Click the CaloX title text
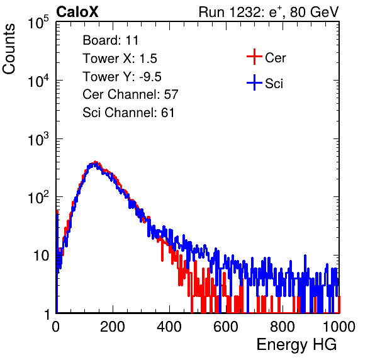click(77, 12)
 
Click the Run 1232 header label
click(269, 12)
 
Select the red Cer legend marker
click(254, 57)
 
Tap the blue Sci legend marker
click(254, 82)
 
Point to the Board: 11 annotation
click(111, 40)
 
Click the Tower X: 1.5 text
click(120, 59)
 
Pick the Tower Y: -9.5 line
click(122, 77)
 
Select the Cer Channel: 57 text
click(130, 94)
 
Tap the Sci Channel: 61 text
click(128, 113)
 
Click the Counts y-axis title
click(9, 49)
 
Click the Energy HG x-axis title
click(296, 345)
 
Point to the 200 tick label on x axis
click(113, 327)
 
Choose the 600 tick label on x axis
click(226, 327)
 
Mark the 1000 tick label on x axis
click(339, 327)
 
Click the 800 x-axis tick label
click(283, 327)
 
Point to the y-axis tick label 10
click(41, 256)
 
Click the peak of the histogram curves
click(95, 162)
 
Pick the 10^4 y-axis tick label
click(38, 81)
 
